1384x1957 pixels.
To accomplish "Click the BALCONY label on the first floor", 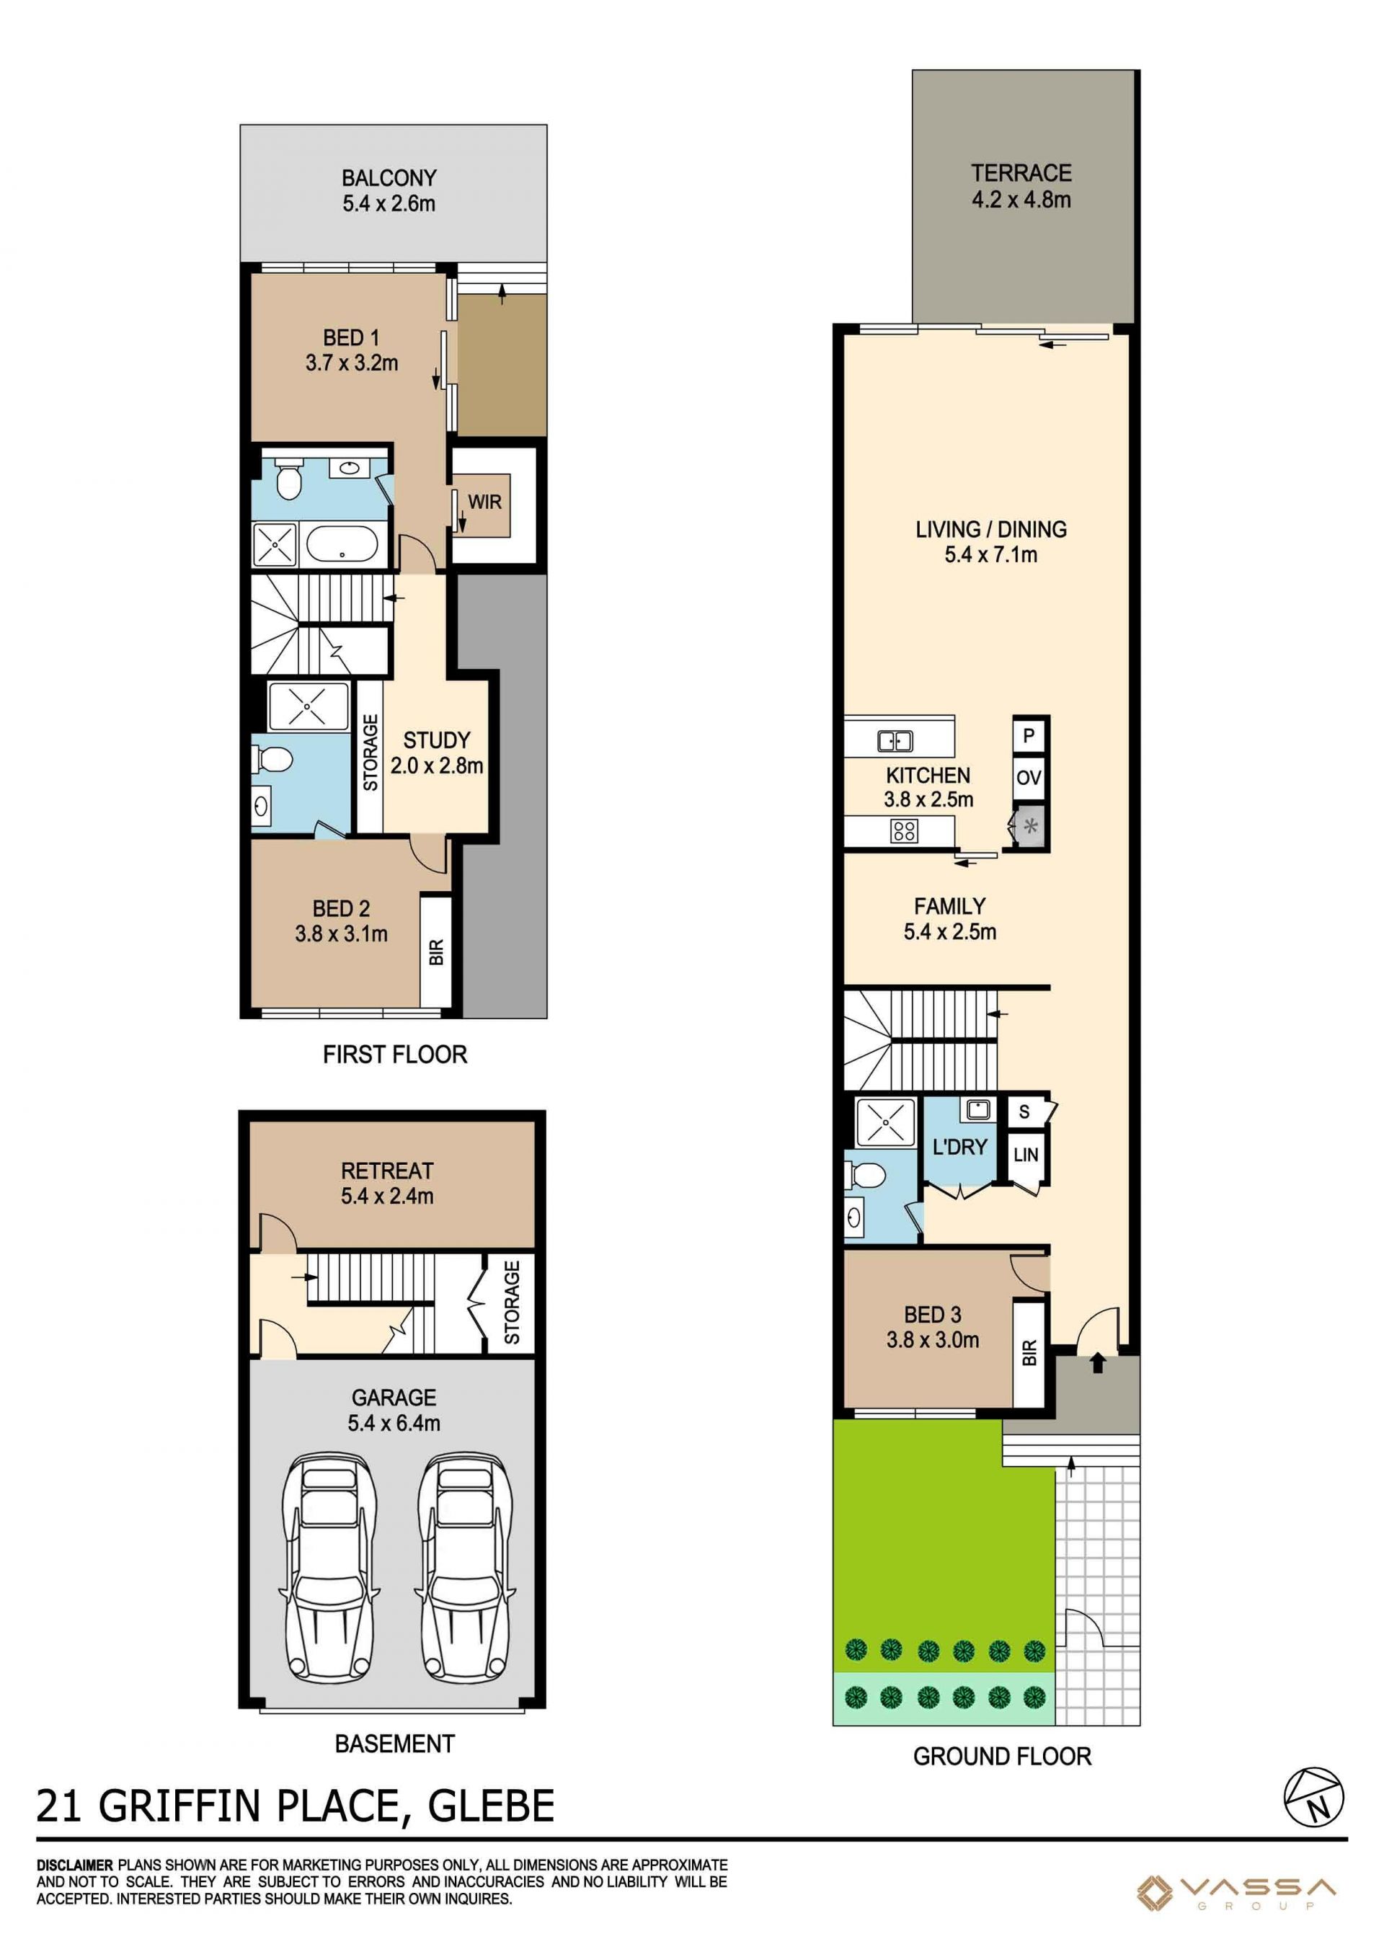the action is tap(389, 178).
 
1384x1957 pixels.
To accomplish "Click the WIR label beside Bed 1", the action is tap(484, 502).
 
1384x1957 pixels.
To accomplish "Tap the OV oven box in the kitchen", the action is tap(1029, 777).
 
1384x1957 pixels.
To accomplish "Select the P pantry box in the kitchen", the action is tap(1029, 735).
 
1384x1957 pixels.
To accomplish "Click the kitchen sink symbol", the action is tap(895, 741).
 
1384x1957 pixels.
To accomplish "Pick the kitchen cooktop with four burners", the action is tap(904, 831).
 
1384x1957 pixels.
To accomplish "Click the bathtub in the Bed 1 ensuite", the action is tap(341, 543).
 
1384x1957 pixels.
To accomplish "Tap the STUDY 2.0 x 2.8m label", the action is tap(436, 753).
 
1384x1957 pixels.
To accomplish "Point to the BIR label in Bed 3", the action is tap(1029, 1353).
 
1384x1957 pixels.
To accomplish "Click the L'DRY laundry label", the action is tap(959, 1148).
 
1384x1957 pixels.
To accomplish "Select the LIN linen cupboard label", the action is tap(1025, 1155).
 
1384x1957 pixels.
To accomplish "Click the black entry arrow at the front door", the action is tap(1098, 1363).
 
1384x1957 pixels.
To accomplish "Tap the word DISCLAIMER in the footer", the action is tap(74, 1865).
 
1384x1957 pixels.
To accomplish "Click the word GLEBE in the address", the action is tap(491, 1806).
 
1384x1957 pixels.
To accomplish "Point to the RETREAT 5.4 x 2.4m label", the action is tap(387, 1183).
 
